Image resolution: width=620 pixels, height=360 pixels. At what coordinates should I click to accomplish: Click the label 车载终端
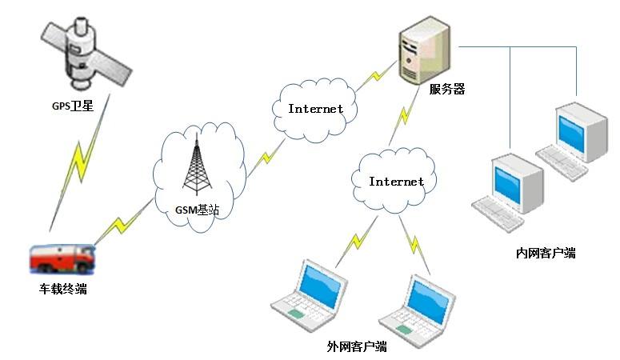[63, 290]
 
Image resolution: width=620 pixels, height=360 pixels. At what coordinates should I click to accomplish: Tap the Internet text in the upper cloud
[315, 109]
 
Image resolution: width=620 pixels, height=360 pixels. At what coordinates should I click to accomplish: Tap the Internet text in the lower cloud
[396, 182]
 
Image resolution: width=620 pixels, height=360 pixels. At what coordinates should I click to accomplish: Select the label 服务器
[447, 90]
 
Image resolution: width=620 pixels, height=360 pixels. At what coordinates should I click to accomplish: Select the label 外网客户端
[357, 346]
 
